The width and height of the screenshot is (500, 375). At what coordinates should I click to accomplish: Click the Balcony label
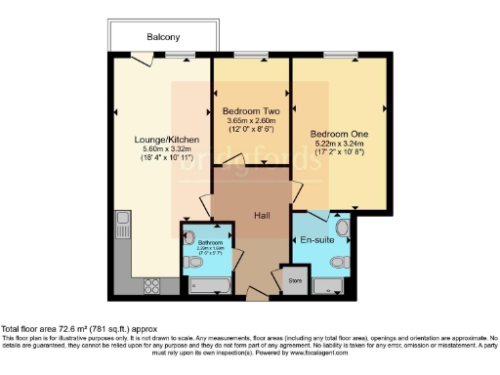coord(162,37)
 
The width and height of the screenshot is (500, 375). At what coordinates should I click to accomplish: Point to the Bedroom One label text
coord(337,134)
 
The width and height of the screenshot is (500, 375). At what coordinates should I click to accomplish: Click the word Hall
coord(262,216)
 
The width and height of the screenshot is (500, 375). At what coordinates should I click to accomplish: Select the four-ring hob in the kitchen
coord(153,285)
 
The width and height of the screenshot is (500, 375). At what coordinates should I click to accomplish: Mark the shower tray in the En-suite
coord(330,285)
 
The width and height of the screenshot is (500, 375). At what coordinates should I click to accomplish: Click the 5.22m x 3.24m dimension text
coord(337,144)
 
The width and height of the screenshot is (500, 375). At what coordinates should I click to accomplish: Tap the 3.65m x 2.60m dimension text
coord(249,120)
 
